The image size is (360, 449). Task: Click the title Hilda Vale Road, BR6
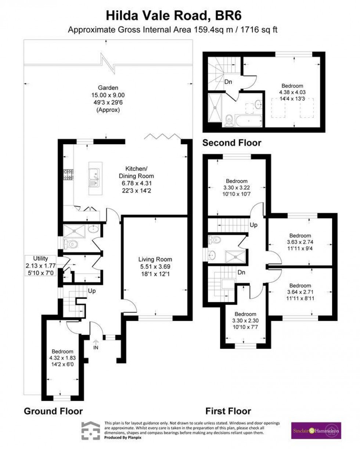[174, 16]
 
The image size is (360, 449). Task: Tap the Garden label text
[108, 88]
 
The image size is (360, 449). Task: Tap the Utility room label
[40, 259]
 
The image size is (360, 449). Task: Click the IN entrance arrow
[96, 345]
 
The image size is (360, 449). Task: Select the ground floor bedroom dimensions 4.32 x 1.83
[62, 358]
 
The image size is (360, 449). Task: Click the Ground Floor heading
[53, 410]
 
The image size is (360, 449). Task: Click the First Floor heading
[228, 410]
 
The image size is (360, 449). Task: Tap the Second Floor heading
[232, 143]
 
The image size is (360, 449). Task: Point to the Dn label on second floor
[228, 82]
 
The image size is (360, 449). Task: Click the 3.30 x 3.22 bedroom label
[237, 188]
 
